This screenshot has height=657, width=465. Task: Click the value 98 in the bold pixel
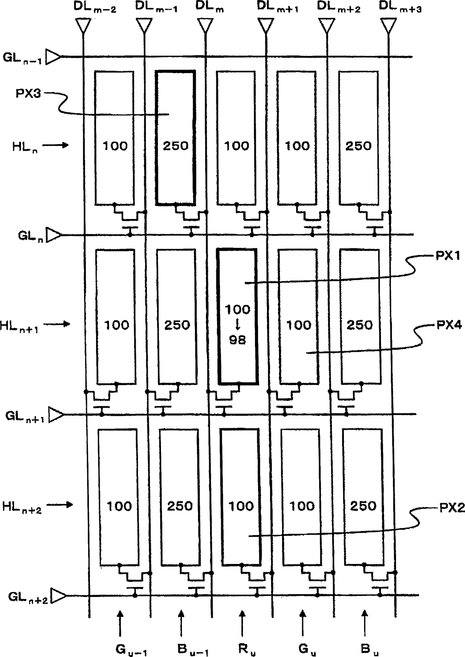[237, 340]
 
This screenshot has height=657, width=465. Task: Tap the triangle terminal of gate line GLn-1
[53, 57]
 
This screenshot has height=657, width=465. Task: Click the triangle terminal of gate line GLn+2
[58, 595]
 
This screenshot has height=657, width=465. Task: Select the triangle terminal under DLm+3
[388, 25]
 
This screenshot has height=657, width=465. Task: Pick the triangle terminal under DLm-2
[83, 25]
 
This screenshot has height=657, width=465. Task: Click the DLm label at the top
[210, 7]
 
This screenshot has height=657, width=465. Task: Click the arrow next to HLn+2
[60, 505]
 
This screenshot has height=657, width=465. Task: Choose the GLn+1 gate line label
[25, 416]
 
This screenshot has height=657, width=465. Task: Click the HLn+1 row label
[19, 326]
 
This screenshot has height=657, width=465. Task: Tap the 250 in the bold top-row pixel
[175, 145]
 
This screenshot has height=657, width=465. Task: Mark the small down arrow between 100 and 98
[237, 324]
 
